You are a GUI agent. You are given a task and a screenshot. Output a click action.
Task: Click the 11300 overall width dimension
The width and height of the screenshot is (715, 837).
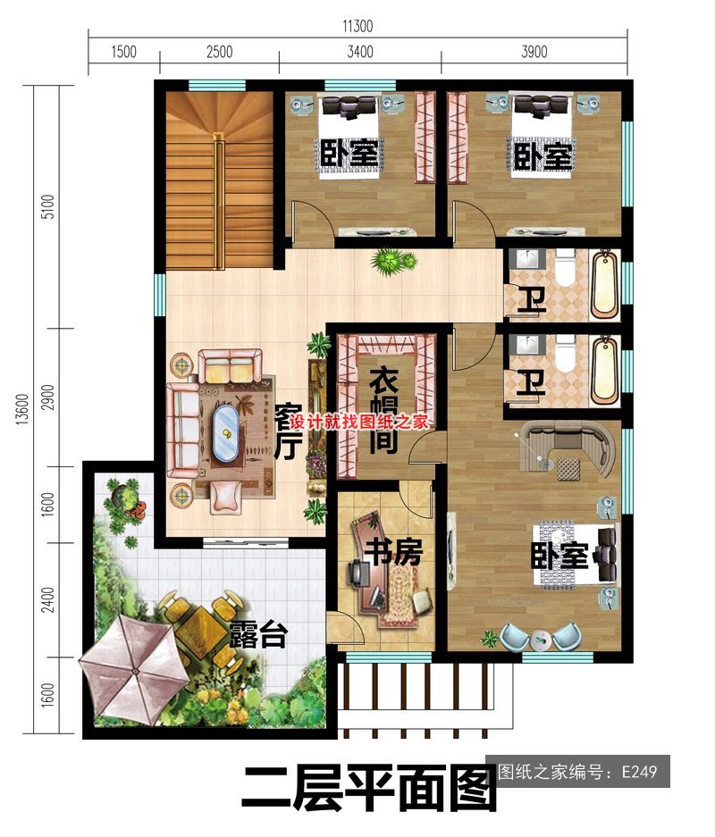(x=357, y=26)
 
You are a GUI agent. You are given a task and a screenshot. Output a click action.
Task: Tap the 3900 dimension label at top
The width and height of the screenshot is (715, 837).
(x=534, y=52)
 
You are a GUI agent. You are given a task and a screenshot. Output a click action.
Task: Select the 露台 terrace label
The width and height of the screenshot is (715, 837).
(x=259, y=635)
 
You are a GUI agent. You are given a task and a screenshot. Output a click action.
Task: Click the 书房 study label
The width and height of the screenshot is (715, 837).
(x=395, y=552)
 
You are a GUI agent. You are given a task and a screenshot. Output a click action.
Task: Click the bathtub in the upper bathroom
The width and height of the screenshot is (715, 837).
(x=605, y=285)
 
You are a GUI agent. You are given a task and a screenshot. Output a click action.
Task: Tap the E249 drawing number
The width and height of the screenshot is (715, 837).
(x=639, y=772)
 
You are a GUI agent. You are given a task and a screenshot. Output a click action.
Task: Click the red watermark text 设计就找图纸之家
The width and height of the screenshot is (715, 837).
(x=358, y=423)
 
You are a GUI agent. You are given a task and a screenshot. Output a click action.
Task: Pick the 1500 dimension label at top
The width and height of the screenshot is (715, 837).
(x=124, y=52)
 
